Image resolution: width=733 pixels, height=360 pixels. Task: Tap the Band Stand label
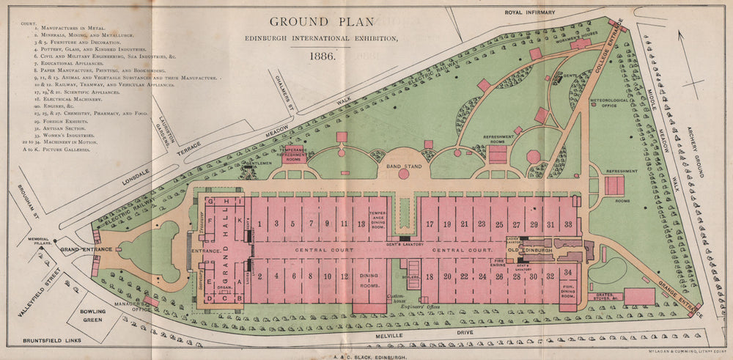(404, 167)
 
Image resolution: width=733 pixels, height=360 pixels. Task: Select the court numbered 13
(361, 223)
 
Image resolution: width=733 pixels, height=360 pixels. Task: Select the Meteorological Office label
(614, 106)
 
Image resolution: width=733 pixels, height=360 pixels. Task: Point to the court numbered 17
(430, 223)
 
